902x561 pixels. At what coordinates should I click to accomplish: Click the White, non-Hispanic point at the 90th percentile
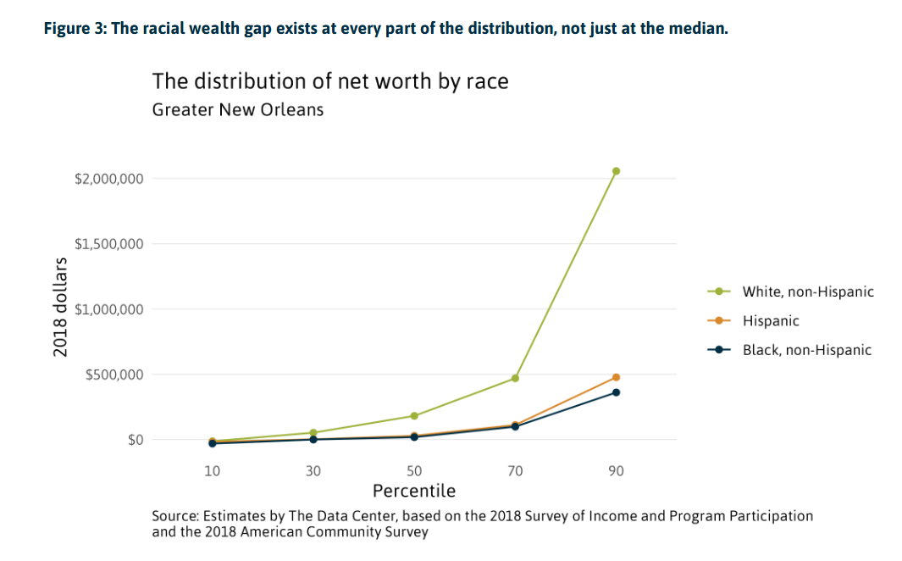(x=616, y=171)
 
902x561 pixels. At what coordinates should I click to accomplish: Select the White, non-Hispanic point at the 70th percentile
(x=515, y=378)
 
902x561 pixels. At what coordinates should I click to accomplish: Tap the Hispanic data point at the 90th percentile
(x=616, y=377)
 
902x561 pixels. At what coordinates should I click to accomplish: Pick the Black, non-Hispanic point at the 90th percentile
(x=616, y=392)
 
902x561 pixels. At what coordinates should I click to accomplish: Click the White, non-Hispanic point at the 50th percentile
(x=414, y=416)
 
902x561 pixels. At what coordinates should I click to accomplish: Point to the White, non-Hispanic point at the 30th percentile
(x=313, y=433)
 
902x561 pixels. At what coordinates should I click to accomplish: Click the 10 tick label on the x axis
(x=212, y=471)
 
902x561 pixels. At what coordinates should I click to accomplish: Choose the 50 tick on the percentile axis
(x=414, y=471)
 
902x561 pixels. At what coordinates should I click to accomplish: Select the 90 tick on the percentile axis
(x=616, y=471)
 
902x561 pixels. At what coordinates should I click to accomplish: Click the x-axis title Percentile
(x=414, y=491)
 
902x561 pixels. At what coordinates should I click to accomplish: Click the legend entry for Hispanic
(x=770, y=321)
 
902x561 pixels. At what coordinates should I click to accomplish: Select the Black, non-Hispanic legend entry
(x=806, y=350)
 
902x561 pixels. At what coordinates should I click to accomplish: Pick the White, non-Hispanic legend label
(x=807, y=292)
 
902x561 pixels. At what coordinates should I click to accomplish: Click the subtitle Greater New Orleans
(x=238, y=110)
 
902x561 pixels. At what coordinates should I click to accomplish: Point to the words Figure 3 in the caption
(x=73, y=29)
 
